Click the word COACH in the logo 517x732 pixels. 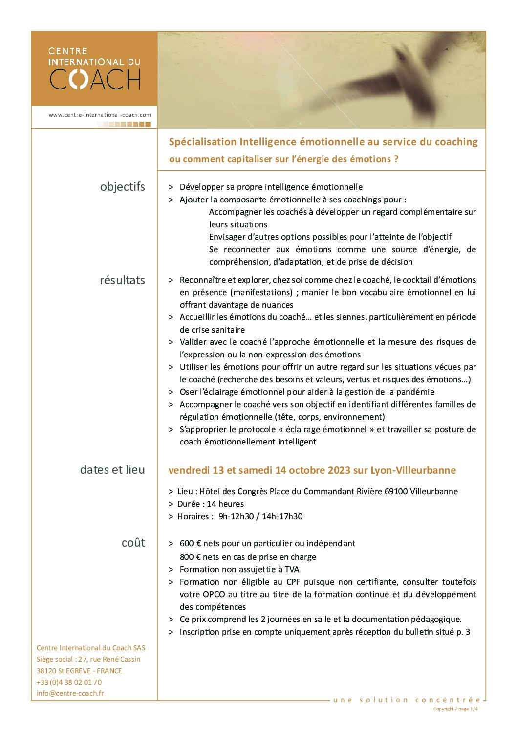click(95, 79)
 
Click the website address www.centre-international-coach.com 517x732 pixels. click(100, 115)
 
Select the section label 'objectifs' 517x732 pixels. click(122, 187)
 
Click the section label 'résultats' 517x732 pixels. click(122, 280)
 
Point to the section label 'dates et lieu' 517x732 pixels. click(112, 470)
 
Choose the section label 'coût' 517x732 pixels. click(133, 543)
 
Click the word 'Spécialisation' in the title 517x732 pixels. click(202, 142)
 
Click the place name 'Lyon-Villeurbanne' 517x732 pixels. click(413, 470)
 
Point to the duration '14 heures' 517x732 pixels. click(225, 504)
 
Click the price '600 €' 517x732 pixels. click(191, 543)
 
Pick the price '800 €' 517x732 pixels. click(191, 557)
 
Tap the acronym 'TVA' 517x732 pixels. click(291, 569)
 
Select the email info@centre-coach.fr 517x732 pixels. click(70, 693)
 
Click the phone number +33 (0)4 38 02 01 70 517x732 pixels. click(69, 682)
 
